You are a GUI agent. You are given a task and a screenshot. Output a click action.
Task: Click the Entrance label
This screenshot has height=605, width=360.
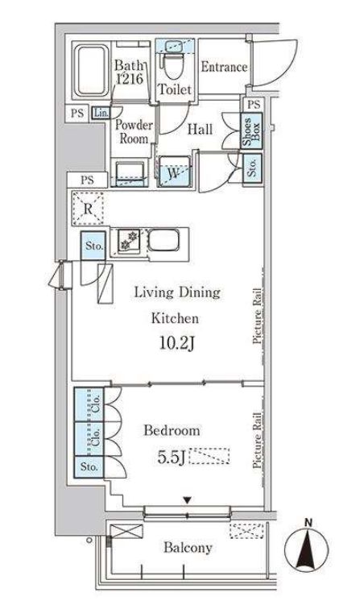(224, 67)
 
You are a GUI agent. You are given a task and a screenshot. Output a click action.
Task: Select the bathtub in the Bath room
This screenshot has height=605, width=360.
(92, 71)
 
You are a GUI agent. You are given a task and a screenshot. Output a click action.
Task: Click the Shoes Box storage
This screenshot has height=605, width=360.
(251, 131)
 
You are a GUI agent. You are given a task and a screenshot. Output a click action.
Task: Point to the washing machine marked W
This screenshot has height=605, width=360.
(175, 172)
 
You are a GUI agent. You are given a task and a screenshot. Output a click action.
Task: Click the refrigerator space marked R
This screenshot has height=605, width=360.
(88, 209)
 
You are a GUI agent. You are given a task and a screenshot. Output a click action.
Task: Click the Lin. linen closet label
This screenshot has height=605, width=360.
(101, 113)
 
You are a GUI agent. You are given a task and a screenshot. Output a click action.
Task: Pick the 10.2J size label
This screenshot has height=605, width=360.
(176, 342)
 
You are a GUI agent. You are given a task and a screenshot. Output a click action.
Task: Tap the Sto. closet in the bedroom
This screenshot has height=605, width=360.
(89, 467)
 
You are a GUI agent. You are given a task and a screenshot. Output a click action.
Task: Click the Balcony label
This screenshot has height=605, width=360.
(188, 548)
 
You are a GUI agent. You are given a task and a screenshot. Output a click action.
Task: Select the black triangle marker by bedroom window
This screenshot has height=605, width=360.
(187, 501)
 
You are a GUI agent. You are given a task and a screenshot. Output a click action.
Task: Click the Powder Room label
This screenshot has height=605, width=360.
(134, 131)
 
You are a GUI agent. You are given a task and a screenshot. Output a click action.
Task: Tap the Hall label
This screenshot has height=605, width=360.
(200, 129)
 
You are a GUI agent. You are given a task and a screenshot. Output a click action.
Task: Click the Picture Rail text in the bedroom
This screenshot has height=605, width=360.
(257, 441)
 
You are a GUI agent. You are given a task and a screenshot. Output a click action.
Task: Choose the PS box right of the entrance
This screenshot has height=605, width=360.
(254, 104)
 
